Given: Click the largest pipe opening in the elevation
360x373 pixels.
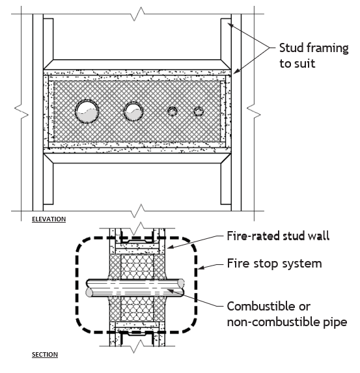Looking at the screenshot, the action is pos(87,111).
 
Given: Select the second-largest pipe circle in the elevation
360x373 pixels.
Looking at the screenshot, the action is pos(133,111).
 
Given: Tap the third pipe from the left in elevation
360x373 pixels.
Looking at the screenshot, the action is pos(173,111).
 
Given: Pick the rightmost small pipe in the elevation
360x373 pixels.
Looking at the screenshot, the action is pos(198,111).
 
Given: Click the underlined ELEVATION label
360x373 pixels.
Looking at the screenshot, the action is pos(49,219).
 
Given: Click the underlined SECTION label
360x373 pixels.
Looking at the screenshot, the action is pos(45,355).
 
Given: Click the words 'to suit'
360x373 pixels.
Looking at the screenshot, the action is pos(298,64).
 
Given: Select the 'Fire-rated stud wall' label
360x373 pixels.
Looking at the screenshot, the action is pos(278,236).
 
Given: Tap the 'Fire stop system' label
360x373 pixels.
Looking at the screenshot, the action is pos(274,264).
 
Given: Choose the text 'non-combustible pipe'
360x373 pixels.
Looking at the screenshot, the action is pos(287,322).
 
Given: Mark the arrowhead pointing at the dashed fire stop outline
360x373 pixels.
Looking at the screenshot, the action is pos(201,268).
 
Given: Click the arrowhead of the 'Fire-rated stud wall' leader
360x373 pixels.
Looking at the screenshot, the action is pos(171,247).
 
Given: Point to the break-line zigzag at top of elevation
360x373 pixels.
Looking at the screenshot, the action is pos(138,14).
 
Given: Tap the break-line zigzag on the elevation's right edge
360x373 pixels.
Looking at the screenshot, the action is pos(254,111).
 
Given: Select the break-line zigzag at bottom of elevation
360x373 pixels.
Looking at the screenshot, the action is pos(138,211).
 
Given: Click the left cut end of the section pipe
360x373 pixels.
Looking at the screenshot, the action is pos(89,292).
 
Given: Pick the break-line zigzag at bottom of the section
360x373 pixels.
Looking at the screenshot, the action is pos(138,346).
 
